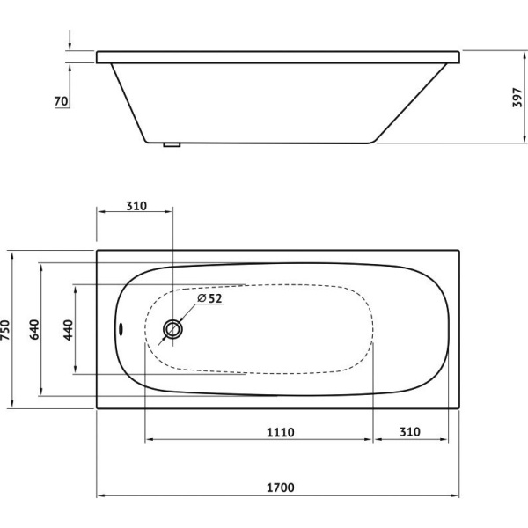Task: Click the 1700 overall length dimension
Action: click(x=281, y=488)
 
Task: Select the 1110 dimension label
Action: click(x=281, y=432)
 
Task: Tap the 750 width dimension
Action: click(x=6, y=330)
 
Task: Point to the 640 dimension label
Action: click(x=34, y=330)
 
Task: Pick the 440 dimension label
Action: click(x=68, y=330)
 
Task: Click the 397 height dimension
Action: click(x=517, y=98)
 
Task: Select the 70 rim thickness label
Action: click(x=62, y=101)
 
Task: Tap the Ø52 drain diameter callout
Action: click(x=209, y=298)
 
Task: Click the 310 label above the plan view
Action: click(x=136, y=206)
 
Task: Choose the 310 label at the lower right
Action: click(x=410, y=432)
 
